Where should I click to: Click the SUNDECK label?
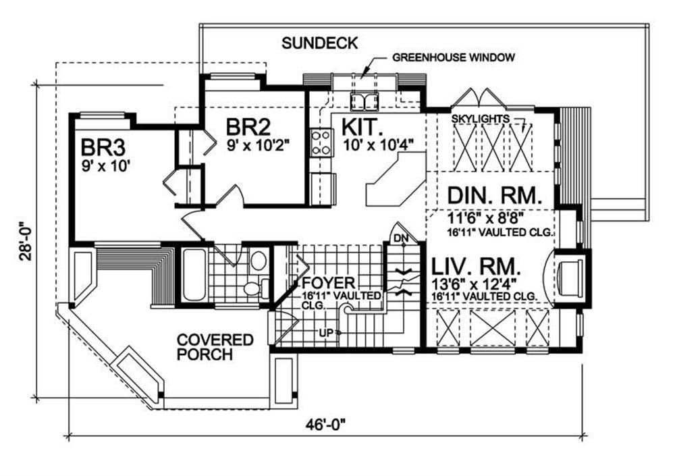click(x=319, y=43)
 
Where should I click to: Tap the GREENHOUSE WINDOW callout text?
click(x=454, y=57)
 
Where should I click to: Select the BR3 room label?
click(x=103, y=147)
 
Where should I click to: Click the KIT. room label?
click(x=362, y=128)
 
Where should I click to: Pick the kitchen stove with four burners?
click(x=321, y=142)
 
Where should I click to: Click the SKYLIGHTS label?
click(x=481, y=118)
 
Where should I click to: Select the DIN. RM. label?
click(x=495, y=196)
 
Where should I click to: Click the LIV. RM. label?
click(x=476, y=267)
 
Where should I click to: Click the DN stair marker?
click(x=401, y=238)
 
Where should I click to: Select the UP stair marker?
click(x=327, y=332)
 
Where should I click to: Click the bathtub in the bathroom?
click(x=194, y=275)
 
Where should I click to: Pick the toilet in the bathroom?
click(x=254, y=288)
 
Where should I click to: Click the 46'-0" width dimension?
click(x=326, y=425)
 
